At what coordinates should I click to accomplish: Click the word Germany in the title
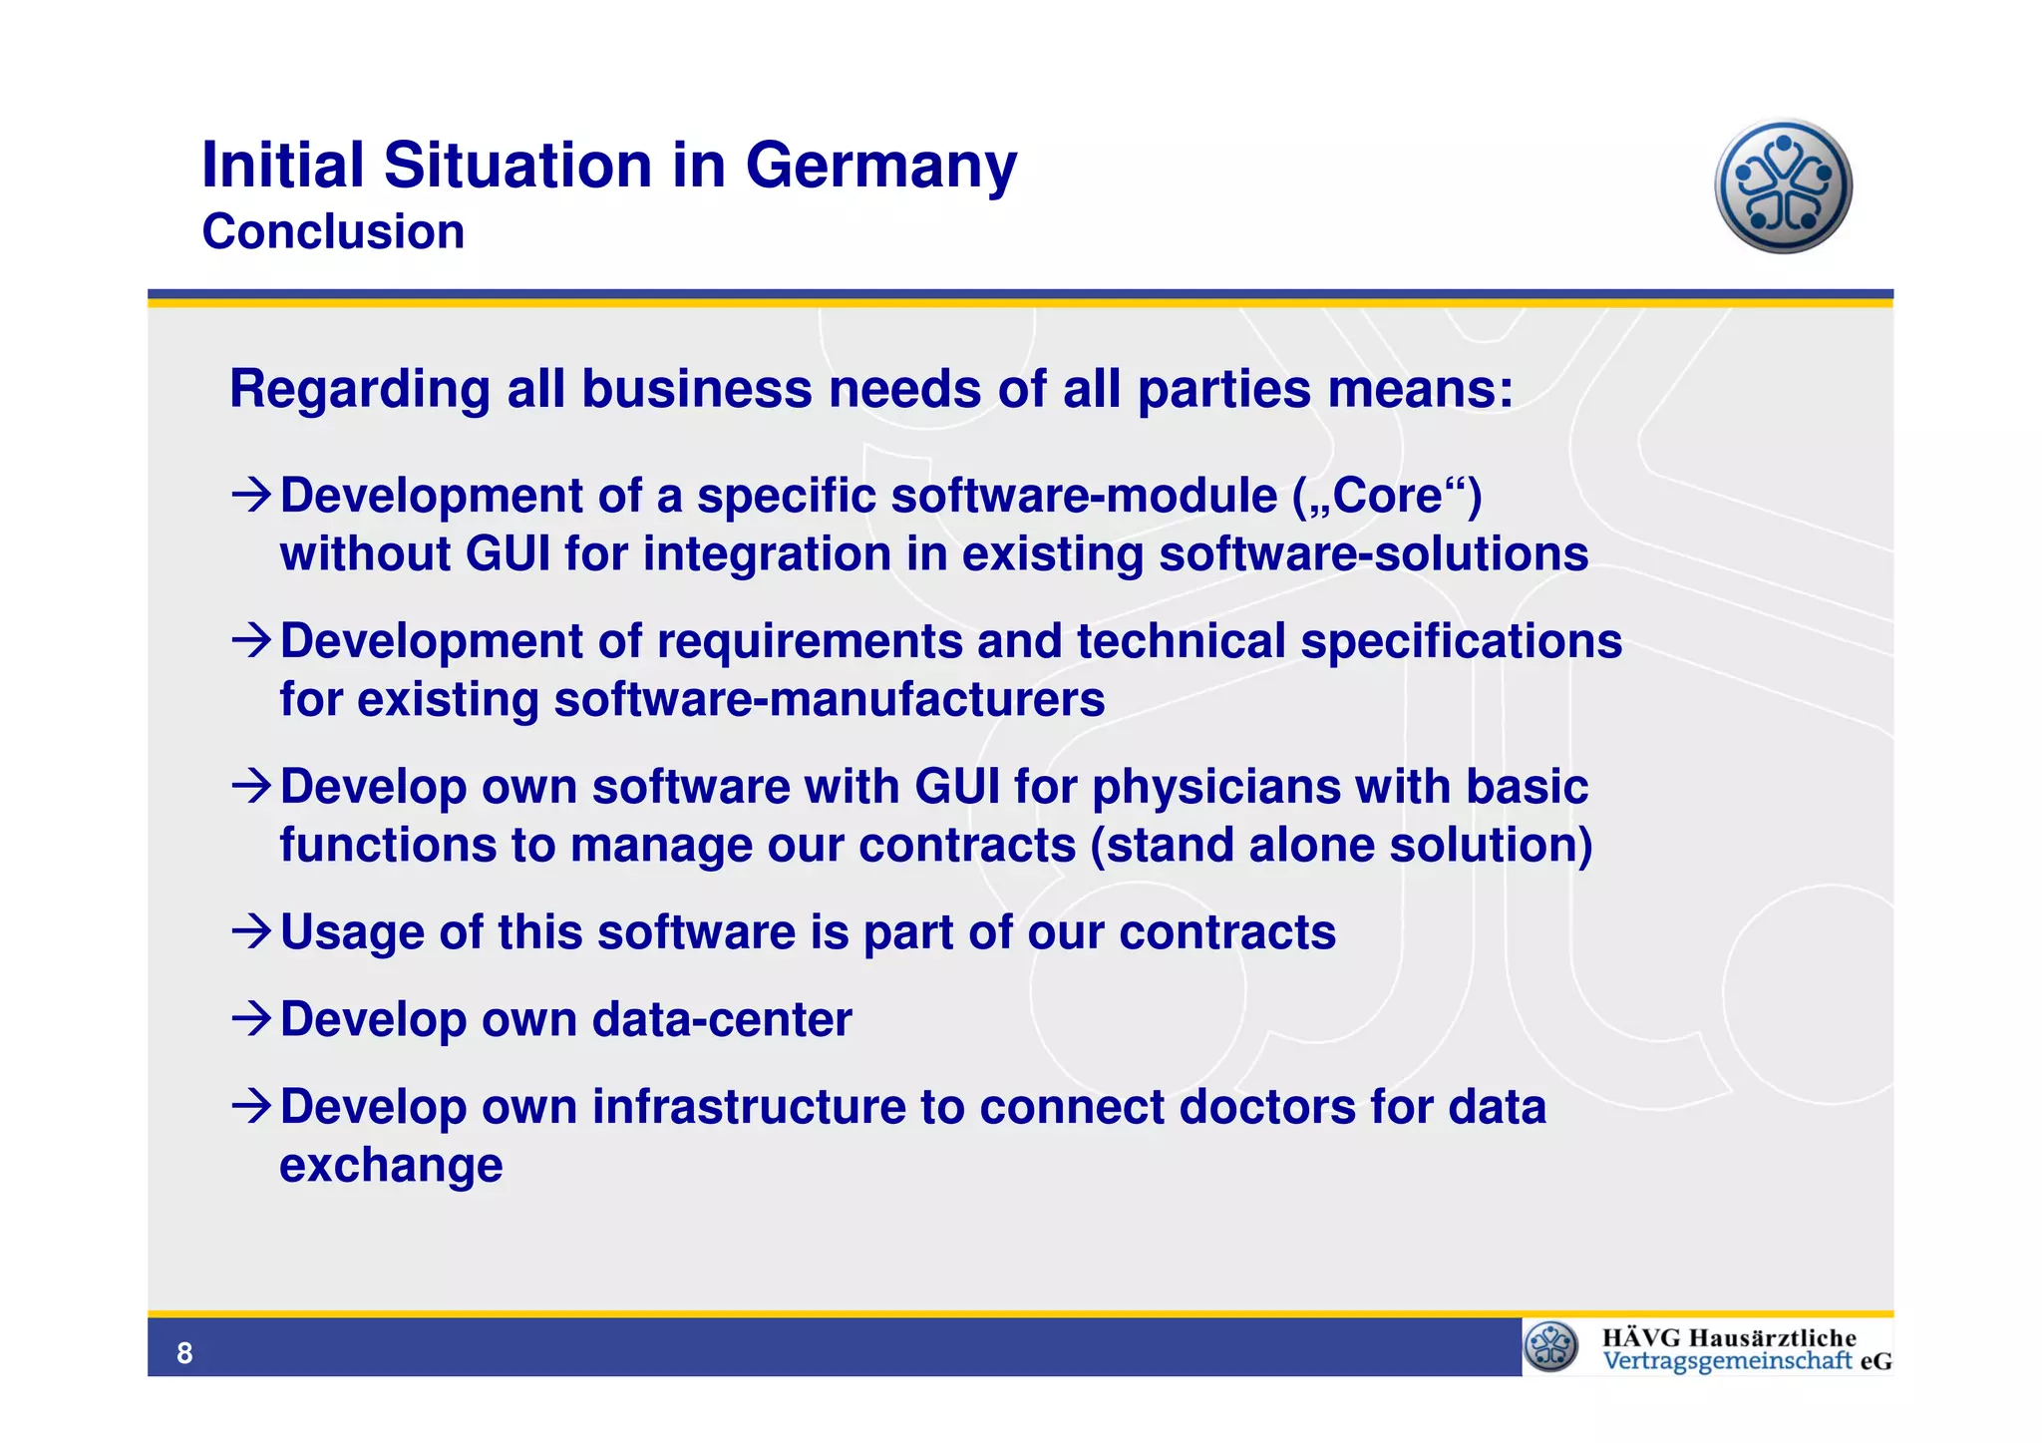(880, 166)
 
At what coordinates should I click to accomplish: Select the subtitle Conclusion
(333, 232)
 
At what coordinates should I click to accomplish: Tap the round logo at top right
(1783, 186)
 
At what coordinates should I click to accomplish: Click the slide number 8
(184, 1353)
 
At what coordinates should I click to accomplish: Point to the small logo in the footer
(1551, 1346)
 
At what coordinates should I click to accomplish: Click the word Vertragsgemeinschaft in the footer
(1727, 1361)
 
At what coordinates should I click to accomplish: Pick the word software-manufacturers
(830, 699)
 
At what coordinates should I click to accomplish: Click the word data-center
(722, 1020)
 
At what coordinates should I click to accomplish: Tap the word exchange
(391, 1165)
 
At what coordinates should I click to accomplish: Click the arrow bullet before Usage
(250, 932)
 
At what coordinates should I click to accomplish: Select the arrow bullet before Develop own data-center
(250, 1019)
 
